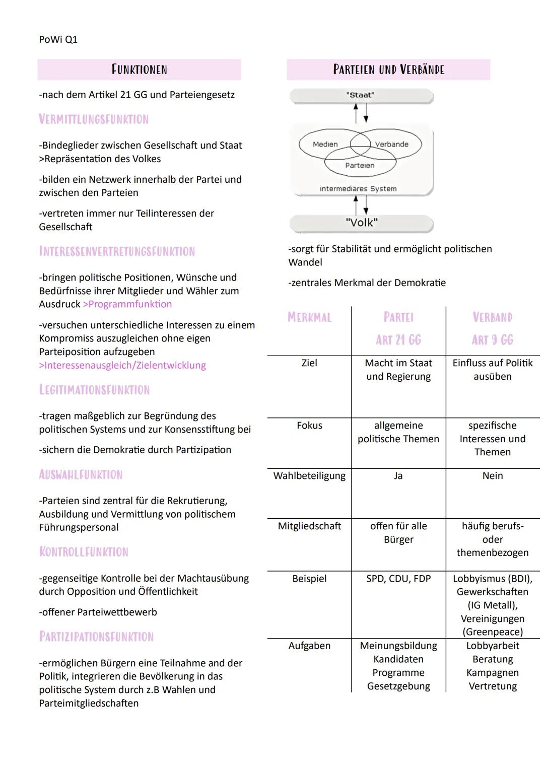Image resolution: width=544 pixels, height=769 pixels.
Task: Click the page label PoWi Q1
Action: (x=58, y=39)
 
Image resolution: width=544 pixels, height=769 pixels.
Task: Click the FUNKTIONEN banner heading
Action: (x=139, y=69)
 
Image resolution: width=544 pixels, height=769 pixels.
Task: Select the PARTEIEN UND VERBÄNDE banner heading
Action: (x=388, y=69)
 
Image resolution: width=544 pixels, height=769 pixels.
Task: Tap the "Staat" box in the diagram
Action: (x=361, y=95)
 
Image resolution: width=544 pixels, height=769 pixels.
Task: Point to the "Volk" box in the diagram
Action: (x=361, y=223)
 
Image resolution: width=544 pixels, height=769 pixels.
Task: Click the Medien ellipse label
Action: (x=325, y=144)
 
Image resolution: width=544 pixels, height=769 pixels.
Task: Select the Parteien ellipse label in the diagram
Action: (x=360, y=165)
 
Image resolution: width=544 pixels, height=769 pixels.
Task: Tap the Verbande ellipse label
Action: (x=391, y=144)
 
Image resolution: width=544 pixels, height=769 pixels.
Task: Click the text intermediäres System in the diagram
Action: (x=358, y=189)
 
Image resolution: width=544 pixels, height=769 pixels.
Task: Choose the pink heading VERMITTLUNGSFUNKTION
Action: (x=94, y=119)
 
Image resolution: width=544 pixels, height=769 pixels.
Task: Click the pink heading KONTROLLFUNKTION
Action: (x=84, y=552)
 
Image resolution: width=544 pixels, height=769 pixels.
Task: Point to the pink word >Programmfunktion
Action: (x=127, y=304)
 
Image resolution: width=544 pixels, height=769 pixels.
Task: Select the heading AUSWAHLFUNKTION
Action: (x=81, y=474)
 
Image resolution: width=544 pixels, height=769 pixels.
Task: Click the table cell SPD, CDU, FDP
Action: (x=398, y=579)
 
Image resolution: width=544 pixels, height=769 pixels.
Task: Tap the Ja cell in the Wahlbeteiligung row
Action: (x=398, y=476)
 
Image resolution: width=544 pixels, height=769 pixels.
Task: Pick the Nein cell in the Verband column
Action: (x=492, y=476)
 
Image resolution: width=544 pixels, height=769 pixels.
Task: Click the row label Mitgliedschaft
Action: (x=309, y=526)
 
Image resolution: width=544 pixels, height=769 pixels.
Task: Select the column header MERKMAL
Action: (x=309, y=317)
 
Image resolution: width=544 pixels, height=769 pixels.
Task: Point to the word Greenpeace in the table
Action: (x=493, y=632)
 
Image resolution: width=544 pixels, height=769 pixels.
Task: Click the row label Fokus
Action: (x=309, y=426)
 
